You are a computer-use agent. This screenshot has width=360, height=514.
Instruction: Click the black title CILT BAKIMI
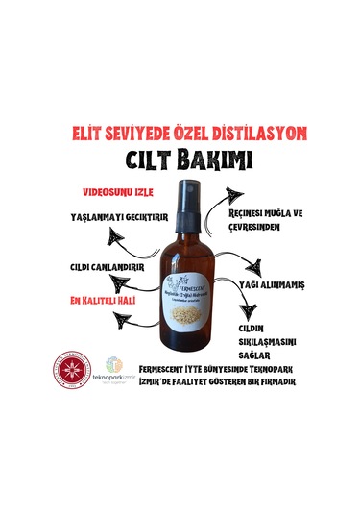(x=180, y=158)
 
